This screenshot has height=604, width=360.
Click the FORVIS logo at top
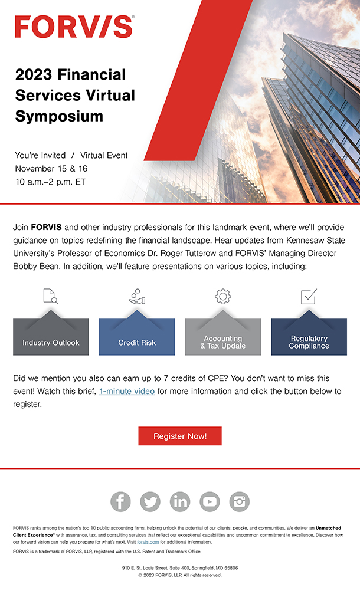pyautogui.click(x=74, y=27)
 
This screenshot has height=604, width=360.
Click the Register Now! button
pyautogui.click(x=180, y=436)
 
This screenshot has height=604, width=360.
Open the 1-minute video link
pyautogui.click(x=127, y=391)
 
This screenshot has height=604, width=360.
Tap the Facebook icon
pyautogui.click(x=120, y=501)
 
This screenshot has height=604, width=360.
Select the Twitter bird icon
pyautogui.click(x=150, y=501)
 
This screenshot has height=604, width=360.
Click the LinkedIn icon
pyautogui.click(x=180, y=501)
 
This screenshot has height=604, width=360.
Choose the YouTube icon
pyautogui.click(x=210, y=501)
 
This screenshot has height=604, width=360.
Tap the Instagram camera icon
pyautogui.click(x=239, y=501)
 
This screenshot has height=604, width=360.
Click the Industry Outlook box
pyautogui.click(x=51, y=339)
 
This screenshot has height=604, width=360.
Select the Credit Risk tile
pyautogui.click(x=137, y=339)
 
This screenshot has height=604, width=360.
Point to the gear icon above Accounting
pyautogui.click(x=223, y=296)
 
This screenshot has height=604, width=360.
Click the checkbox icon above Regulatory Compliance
pyautogui.click(x=309, y=296)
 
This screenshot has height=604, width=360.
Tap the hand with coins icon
pyautogui.click(x=137, y=296)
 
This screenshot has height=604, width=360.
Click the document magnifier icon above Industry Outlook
pyautogui.click(x=51, y=296)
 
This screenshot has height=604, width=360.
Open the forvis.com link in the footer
pyautogui.click(x=148, y=541)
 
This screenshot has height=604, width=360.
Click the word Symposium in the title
pyautogui.click(x=59, y=116)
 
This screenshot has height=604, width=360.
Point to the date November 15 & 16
pyautogui.click(x=51, y=169)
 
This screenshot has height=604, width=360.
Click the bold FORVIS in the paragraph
pyautogui.click(x=46, y=227)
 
